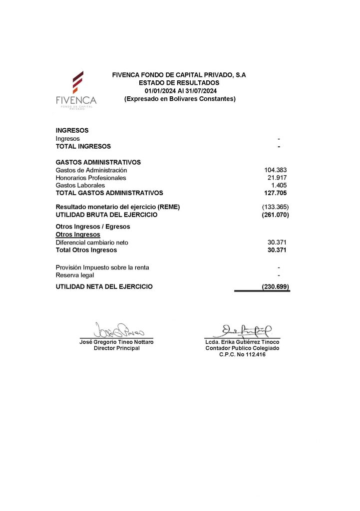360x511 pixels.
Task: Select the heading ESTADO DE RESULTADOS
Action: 179,82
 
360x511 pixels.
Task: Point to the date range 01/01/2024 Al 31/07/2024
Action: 179,90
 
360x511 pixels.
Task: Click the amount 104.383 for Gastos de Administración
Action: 275,170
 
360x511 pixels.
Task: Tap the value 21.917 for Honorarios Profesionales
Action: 277,178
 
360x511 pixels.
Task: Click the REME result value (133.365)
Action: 275,207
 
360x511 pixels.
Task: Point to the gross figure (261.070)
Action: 275,215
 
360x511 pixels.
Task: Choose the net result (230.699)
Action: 275,287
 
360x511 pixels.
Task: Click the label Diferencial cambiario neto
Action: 94,243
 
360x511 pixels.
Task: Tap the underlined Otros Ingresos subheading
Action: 78,235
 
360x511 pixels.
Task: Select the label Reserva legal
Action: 75,275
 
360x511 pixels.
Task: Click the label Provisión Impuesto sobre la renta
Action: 102,267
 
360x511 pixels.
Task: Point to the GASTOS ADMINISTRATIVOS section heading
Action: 98,162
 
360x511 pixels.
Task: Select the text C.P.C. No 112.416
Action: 243,354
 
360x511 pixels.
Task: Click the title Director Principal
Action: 117,348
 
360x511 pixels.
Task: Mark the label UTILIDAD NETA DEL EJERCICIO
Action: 104,287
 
